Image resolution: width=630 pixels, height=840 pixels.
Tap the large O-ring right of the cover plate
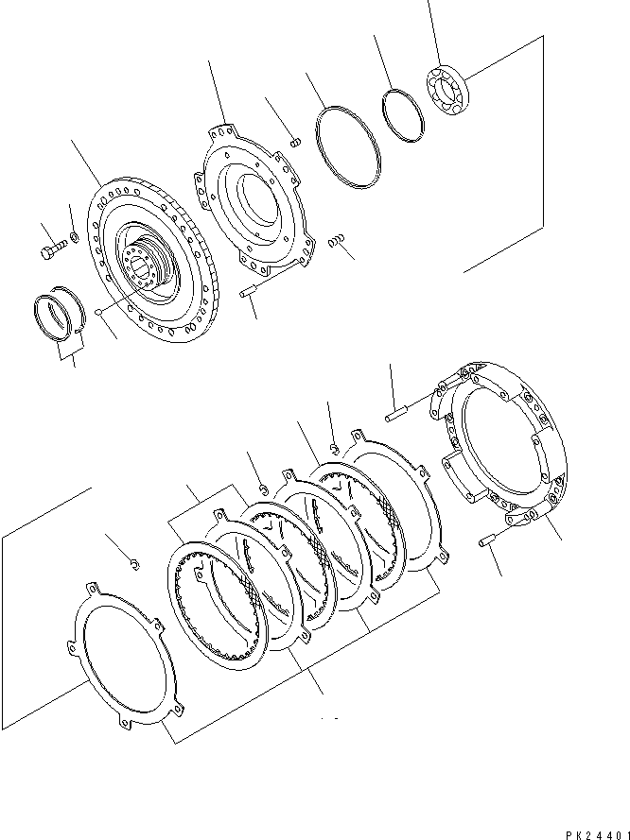pos(346,146)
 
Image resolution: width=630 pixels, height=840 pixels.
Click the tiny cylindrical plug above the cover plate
pos(293,143)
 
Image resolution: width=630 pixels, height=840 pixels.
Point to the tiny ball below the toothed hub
pos(98,313)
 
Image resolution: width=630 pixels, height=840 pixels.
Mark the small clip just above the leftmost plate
pos(136,565)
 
